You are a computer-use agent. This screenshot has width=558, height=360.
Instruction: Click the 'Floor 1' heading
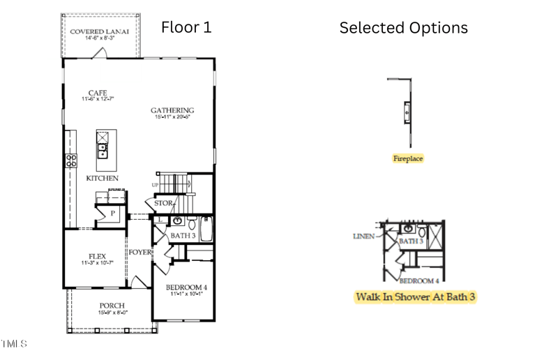(186, 27)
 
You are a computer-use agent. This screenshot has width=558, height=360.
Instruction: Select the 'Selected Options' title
(403, 28)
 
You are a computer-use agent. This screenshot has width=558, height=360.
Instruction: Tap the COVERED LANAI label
(101, 33)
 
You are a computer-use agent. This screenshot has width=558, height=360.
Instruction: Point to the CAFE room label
(97, 93)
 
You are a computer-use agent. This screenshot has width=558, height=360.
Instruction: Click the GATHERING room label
(172, 110)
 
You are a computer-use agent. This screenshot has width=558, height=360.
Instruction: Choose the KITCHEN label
(103, 179)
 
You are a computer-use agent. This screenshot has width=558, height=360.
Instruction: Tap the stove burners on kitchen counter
(71, 160)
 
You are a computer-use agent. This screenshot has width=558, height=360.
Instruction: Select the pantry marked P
(112, 213)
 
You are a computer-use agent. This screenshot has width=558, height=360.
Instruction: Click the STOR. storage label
(163, 204)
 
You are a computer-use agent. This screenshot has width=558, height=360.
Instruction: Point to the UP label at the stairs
(155, 184)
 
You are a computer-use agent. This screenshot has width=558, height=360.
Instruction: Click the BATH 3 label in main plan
(183, 237)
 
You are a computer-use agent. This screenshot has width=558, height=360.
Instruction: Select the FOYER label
(139, 252)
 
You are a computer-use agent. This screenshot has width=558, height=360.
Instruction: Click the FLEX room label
(96, 256)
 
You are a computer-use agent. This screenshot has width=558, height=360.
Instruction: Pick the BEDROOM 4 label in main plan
(186, 287)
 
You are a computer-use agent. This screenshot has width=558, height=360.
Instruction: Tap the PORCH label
(112, 306)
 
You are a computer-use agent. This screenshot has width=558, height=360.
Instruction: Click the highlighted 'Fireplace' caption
(408, 159)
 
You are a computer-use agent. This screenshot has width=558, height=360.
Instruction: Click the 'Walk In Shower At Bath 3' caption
(416, 297)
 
